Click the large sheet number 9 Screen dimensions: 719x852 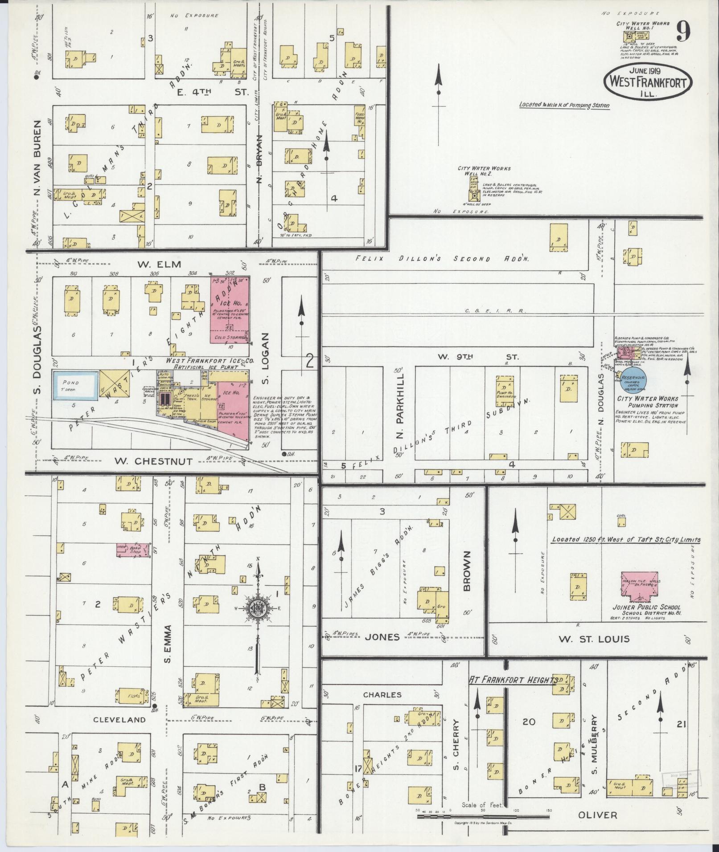tap(683, 32)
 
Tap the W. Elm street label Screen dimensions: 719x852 tap(153, 265)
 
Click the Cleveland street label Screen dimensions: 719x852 tap(119, 719)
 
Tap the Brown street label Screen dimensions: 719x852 tap(467, 571)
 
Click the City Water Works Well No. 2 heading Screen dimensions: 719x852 tap(484, 171)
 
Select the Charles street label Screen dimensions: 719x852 tap(382, 694)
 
